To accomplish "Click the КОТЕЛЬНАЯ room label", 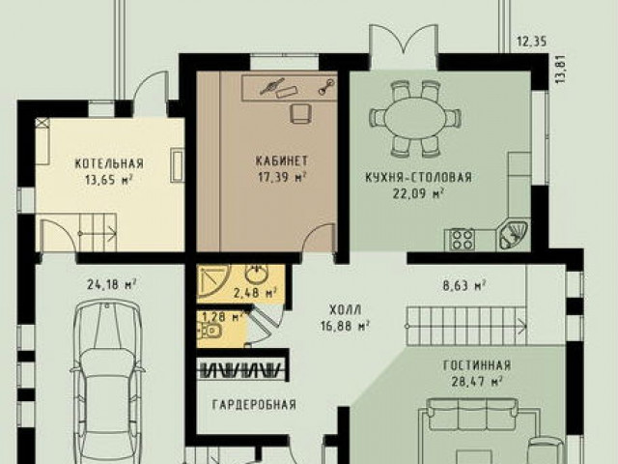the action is [109, 163].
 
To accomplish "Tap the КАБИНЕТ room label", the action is [281, 161].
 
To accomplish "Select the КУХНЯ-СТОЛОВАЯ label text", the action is [418, 178].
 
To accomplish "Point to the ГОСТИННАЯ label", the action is [477, 365].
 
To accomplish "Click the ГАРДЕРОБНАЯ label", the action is [254, 404].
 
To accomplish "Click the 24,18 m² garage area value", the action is [112, 284].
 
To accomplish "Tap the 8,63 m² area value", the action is [463, 285].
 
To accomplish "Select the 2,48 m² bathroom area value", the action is [254, 293].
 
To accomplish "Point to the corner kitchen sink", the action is [513, 235].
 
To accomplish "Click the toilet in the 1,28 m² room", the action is [211, 331].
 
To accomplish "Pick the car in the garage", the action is [107, 381].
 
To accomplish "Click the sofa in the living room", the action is [473, 415].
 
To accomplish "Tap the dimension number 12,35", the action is [532, 42].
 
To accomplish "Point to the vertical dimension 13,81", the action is [561, 69].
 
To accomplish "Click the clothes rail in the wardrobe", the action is [241, 371].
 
